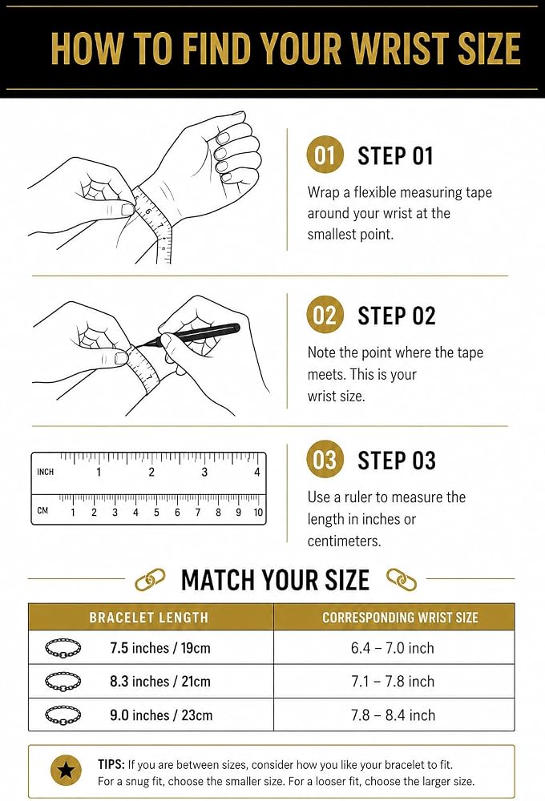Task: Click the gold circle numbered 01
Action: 325,155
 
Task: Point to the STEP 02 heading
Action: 396,316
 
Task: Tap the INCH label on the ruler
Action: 45,472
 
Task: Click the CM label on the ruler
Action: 42,510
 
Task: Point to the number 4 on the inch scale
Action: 257,472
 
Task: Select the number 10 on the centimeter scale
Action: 258,512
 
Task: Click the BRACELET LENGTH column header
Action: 149,617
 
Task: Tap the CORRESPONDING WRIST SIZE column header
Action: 400,618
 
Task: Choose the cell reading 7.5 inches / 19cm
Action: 160,648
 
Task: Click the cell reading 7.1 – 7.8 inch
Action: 393,682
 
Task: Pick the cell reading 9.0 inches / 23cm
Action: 161,715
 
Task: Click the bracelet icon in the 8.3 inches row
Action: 63,682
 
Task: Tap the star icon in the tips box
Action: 66,771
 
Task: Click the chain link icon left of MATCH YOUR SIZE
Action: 151,579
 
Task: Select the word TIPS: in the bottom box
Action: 111,765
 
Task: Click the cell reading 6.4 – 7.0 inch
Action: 392,648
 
